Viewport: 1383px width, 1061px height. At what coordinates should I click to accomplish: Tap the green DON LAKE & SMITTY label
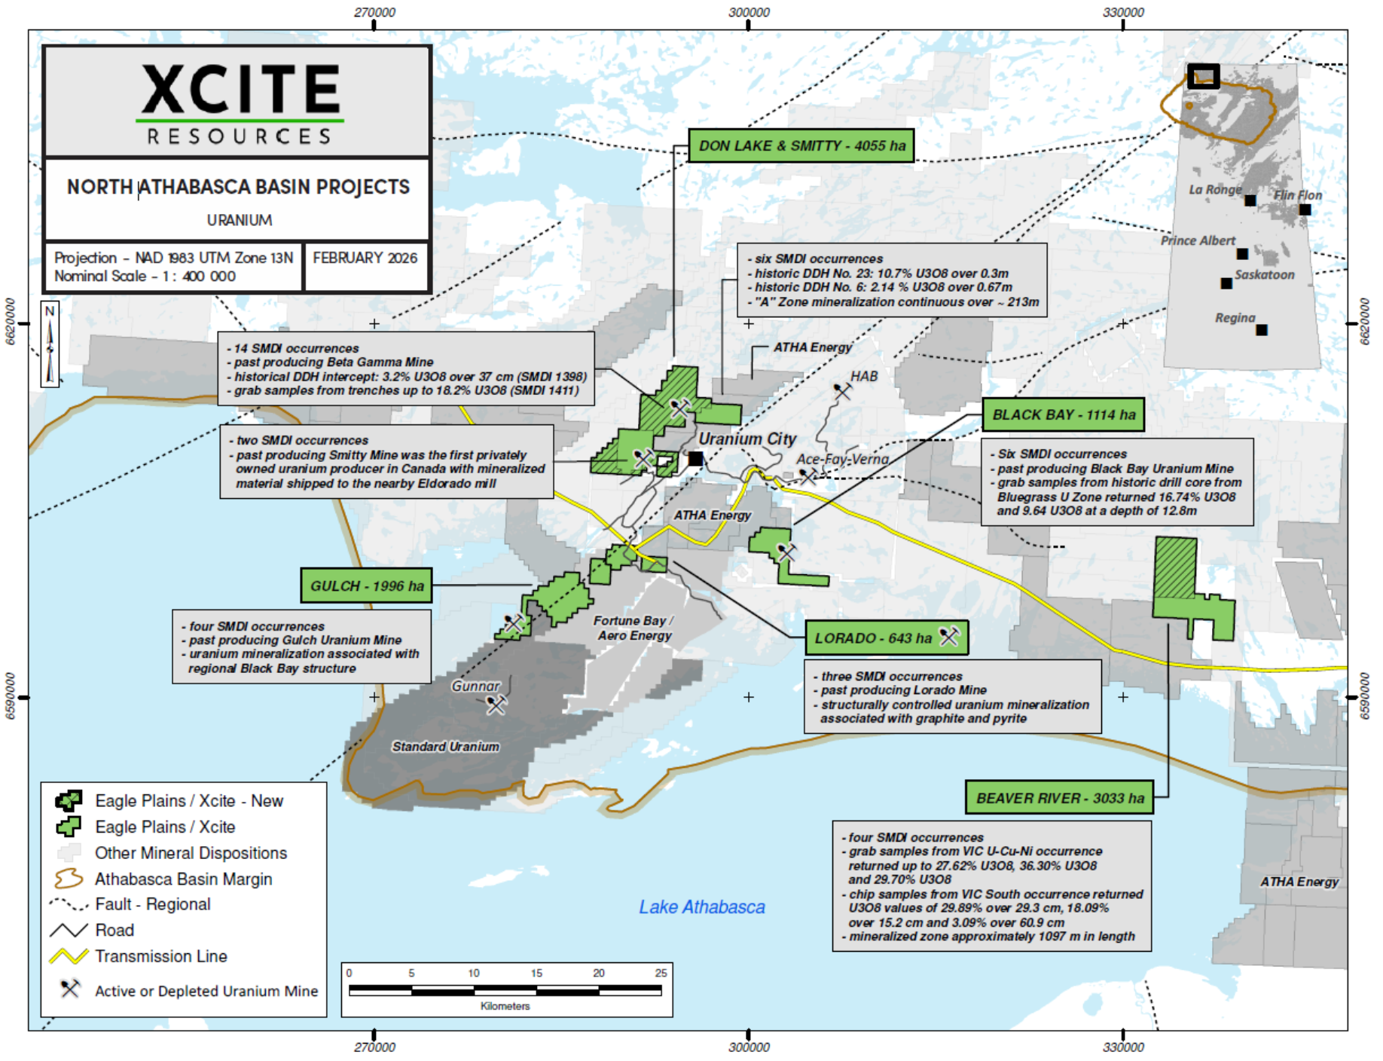point(801,145)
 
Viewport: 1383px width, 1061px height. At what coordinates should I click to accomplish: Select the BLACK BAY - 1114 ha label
point(1063,414)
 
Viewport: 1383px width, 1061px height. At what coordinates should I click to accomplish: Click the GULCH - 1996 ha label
point(366,586)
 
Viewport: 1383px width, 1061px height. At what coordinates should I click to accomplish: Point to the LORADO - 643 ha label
point(885,638)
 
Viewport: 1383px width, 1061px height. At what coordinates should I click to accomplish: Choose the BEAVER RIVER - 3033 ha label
point(1059,798)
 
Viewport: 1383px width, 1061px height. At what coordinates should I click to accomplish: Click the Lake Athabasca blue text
point(701,907)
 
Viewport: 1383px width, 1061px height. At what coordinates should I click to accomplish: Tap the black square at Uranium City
point(695,458)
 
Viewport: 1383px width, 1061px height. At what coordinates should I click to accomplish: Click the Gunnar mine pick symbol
point(496,705)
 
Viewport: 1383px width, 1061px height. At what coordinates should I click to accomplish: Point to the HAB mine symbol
point(841,391)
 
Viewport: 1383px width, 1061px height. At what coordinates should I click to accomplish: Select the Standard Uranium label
point(445,747)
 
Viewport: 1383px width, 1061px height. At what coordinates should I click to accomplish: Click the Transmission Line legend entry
point(160,956)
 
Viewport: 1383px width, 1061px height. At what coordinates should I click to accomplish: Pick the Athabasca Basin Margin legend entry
point(183,879)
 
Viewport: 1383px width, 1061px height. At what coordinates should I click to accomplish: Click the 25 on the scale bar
point(661,973)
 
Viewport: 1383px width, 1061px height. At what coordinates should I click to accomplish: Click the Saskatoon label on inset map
point(1264,275)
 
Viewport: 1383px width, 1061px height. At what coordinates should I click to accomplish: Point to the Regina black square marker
point(1262,330)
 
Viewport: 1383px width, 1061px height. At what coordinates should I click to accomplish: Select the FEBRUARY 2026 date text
point(365,258)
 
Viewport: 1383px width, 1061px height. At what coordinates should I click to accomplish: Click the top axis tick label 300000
point(749,13)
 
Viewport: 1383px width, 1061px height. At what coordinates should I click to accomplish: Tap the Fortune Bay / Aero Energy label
point(633,628)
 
